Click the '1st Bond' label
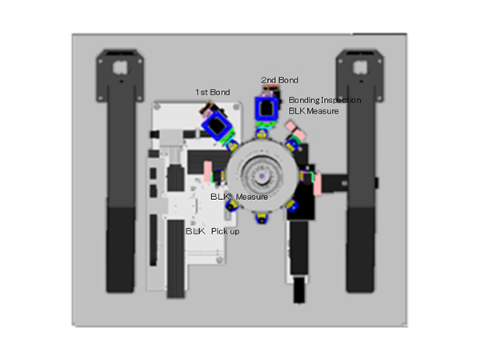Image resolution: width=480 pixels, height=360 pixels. pyautogui.click(x=213, y=93)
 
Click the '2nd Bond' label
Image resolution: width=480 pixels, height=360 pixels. pyautogui.click(x=279, y=80)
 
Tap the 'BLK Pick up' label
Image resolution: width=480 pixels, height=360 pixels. pyautogui.click(x=212, y=231)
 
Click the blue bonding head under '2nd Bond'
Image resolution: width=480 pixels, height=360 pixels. pyautogui.click(x=265, y=109)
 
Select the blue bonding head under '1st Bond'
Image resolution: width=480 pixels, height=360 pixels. pyautogui.click(x=215, y=125)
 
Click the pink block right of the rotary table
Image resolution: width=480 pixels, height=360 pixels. pyautogui.click(x=318, y=182)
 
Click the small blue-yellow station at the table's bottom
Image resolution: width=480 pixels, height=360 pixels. pyautogui.click(x=262, y=216)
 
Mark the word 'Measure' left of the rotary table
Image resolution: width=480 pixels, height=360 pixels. pyautogui.click(x=251, y=197)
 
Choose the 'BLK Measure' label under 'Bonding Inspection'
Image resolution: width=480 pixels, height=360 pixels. pyautogui.click(x=314, y=111)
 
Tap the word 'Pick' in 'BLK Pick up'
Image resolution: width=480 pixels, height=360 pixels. pyautogui.click(x=219, y=231)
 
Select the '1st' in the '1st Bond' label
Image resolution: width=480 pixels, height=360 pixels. pyautogui.click(x=202, y=93)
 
